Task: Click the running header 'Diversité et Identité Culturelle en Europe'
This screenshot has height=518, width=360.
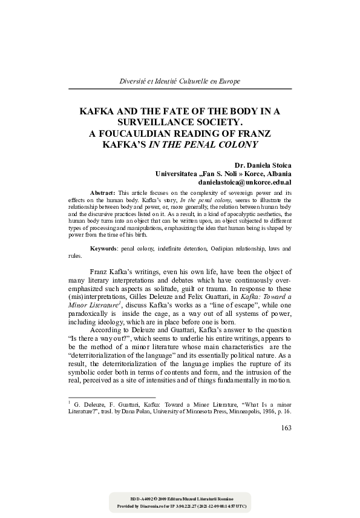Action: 180,80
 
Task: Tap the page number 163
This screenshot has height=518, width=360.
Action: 286,428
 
